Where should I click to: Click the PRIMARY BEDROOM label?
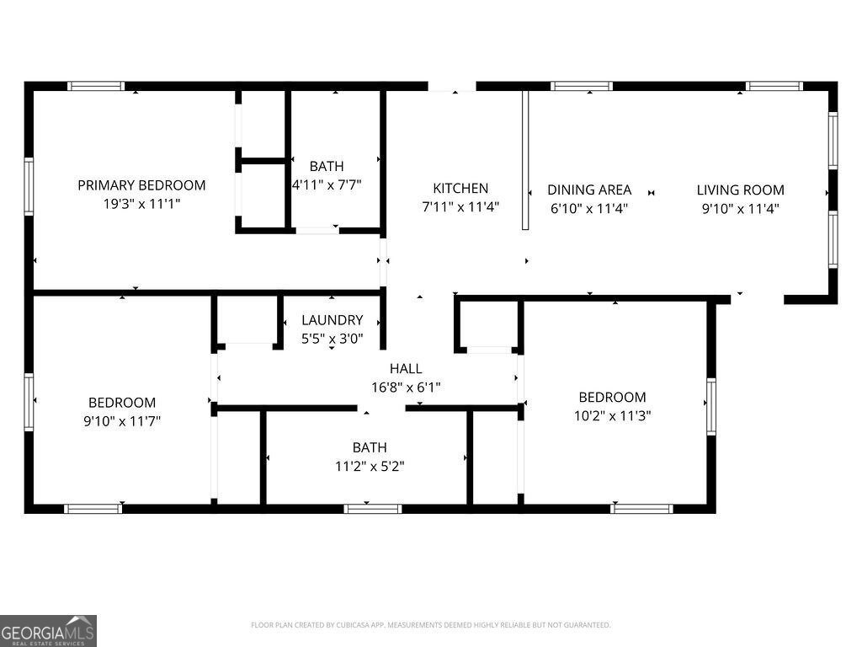click(141, 185)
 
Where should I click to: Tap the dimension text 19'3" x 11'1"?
click(141, 204)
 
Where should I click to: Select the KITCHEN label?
click(460, 189)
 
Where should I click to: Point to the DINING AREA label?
click(589, 190)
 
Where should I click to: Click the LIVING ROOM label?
click(740, 190)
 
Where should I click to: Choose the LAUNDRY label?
click(333, 320)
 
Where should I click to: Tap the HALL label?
click(406, 369)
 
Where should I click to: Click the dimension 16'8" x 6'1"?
click(406, 388)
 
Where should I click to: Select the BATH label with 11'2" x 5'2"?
click(370, 447)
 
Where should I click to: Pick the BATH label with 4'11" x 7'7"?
click(327, 167)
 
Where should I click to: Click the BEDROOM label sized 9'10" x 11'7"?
click(122, 403)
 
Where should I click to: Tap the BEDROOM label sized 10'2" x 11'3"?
click(612, 397)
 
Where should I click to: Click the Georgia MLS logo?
click(48, 631)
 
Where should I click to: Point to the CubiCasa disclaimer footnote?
click(430, 625)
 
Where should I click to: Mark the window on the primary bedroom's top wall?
click(96, 86)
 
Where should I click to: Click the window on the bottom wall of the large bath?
click(373, 508)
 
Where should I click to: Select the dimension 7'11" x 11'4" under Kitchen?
click(460, 207)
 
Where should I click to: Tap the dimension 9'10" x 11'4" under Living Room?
click(740, 208)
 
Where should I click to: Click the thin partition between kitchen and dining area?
click(524, 160)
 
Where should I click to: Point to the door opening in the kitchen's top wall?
click(452, 86)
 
